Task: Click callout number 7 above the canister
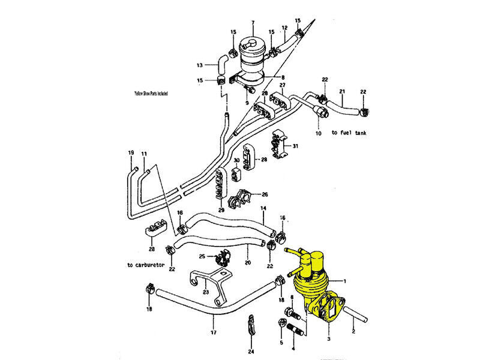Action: [253, 23]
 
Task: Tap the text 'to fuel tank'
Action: [349, 133]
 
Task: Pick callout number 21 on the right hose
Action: [343, 91]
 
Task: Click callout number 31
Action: [295, 146]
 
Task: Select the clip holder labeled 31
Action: [278, 145]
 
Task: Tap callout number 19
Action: [131, 152]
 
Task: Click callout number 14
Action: [262, 209]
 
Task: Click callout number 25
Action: [202, 257]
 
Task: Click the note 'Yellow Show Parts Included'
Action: [151, 94]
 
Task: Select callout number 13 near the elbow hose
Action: [200, 65]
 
